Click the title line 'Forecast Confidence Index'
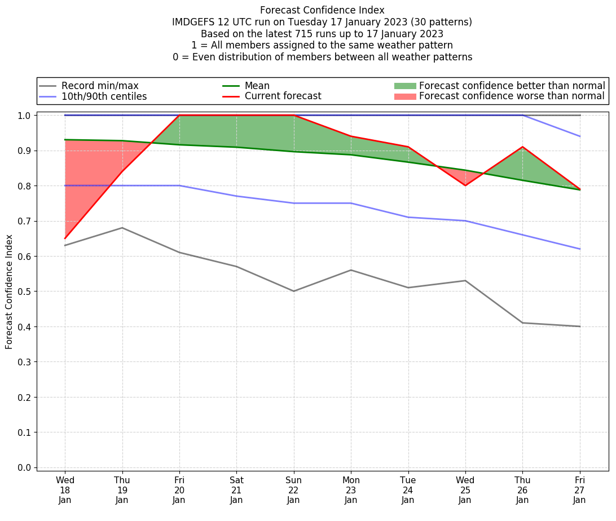click(322, 10)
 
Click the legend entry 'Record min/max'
click(100, 86)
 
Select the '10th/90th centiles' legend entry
click(104, 96)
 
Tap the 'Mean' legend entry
click(257, 86)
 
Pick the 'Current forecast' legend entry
click(283, 96)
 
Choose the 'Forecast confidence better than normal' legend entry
click(512, 86)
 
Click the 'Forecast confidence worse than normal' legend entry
click(512, 96)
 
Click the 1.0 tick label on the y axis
click(25, 116)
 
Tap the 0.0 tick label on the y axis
click(25, 467)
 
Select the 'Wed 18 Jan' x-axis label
click(65, 489)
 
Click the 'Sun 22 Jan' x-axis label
click(293, 489)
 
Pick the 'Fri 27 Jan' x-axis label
click(580, 489)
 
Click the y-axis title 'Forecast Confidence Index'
click(10, 292)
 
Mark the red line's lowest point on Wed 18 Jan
click(65, 239)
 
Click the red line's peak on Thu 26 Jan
click(522, 147)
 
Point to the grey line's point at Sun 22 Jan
click(293, 291)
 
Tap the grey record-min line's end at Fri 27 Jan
click(580, 326)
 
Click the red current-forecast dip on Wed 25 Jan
click(465, 186)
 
